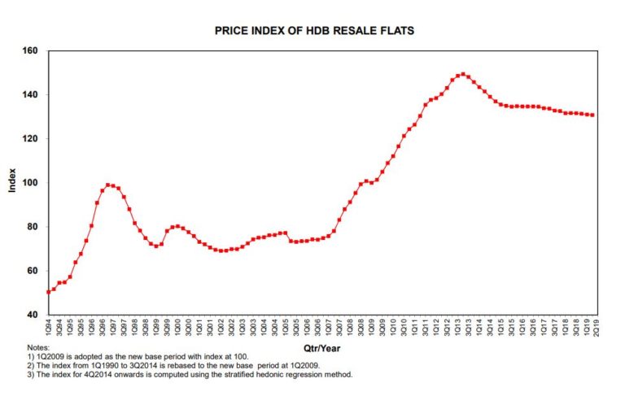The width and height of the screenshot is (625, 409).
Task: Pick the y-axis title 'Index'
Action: (x=12, y=182)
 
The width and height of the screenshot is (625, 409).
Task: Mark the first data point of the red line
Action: (x=48, y=292)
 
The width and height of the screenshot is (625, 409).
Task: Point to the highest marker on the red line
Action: (x=462, y=74)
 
